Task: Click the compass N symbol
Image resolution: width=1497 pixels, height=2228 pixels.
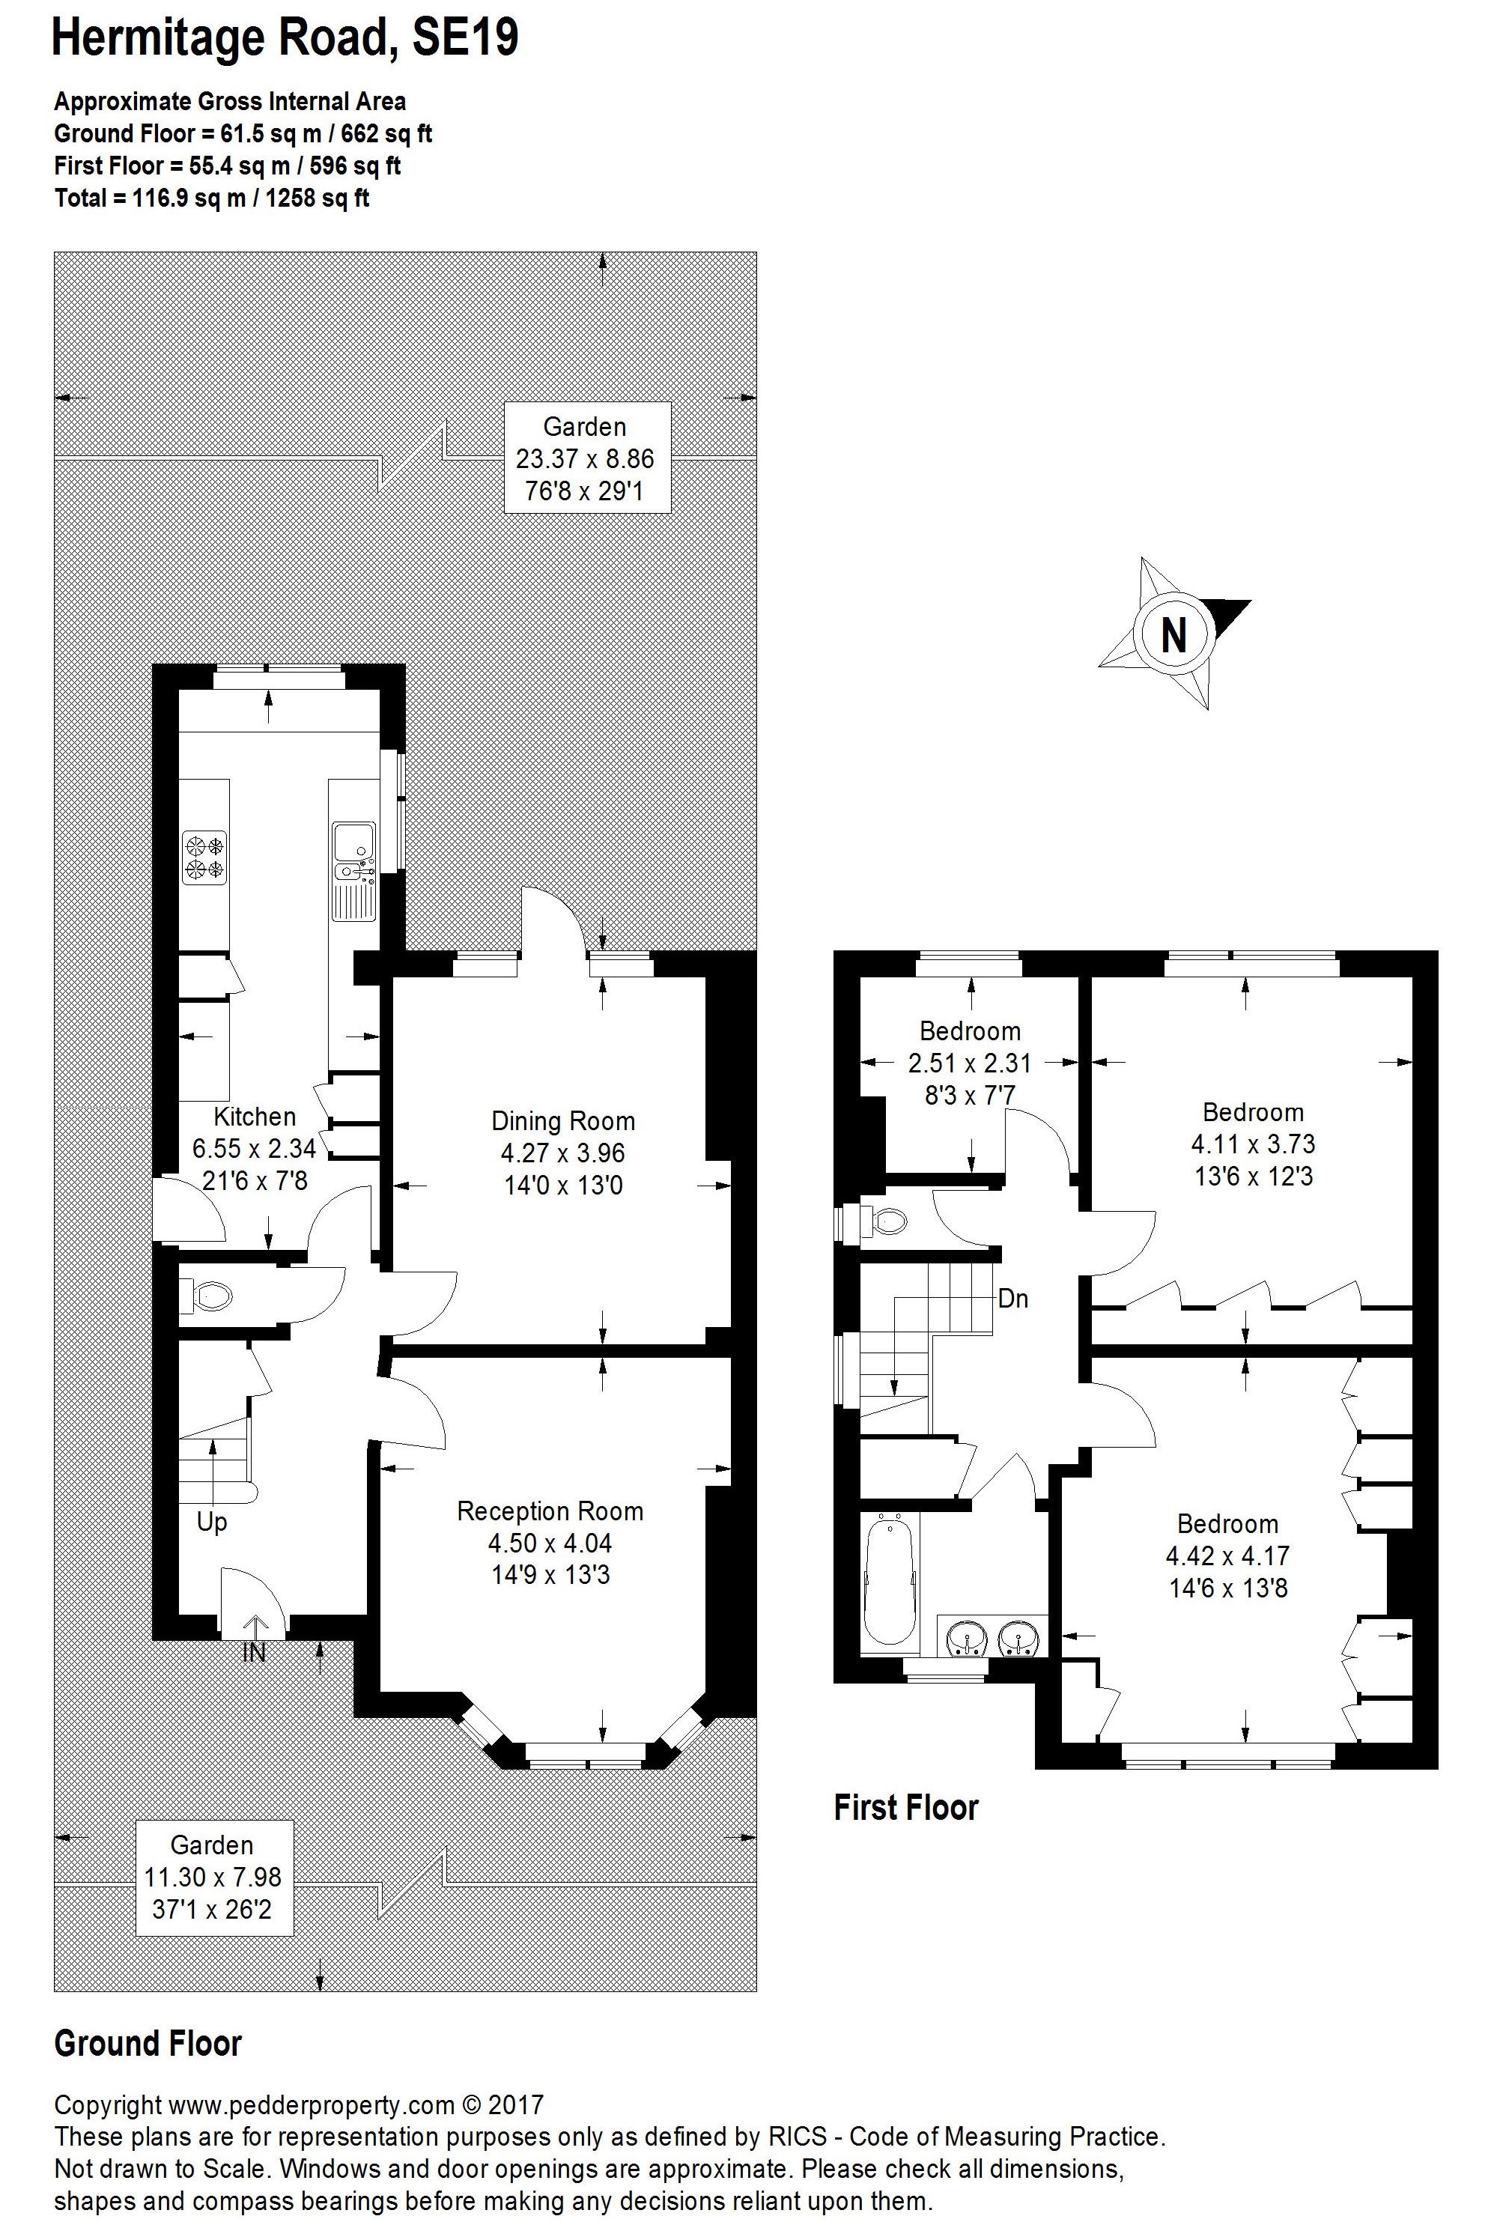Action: pyautogui.click(x=1174, y=634)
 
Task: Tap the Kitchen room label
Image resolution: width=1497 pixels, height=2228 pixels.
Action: pyautogui.click(x=254, y=1117)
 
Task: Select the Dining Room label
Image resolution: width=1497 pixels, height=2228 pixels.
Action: pyautogui.click(x=562, y=1120)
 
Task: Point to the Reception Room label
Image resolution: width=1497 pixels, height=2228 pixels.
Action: pyautogui.click(x=550, y=1511)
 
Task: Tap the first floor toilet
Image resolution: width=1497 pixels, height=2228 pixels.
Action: pyautogui.click(x=886, y=1221)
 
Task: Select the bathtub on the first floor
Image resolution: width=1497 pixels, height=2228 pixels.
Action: pyautogui.click(x=890, y=1580)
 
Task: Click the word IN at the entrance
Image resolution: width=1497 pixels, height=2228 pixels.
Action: pyautogui.click(x=254, y=1654)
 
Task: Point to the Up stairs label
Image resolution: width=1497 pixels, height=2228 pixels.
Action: pyautogui.click(x=212, y=1522)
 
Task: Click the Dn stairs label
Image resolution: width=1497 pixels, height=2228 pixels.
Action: pyautogui.click(x=1013, y=1299)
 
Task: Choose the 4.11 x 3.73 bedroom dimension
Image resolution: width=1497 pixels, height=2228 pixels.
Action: pyautogui.click(x=1253, y=1144)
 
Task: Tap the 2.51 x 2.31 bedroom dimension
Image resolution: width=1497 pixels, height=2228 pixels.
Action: pyautogui.click(x=969, y=1063)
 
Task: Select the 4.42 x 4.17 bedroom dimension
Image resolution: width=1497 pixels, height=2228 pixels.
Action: pyautogui.click(x=1227, y=1556)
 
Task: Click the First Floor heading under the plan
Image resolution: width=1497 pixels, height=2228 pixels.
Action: pyautogui.click(x=906, y=1807)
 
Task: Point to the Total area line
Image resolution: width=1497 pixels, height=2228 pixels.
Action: pyautogui.click(x=212, y=198)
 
